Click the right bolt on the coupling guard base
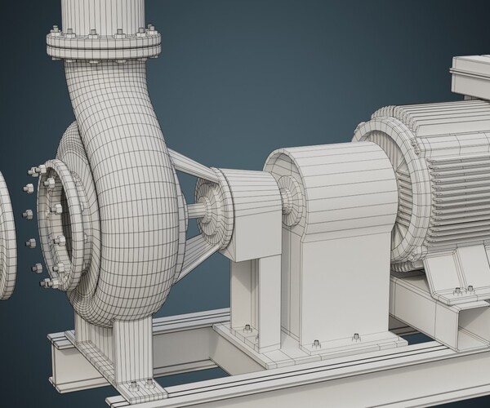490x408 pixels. (x=355, y=335)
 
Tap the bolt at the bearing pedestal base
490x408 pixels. (x=247, y=328)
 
